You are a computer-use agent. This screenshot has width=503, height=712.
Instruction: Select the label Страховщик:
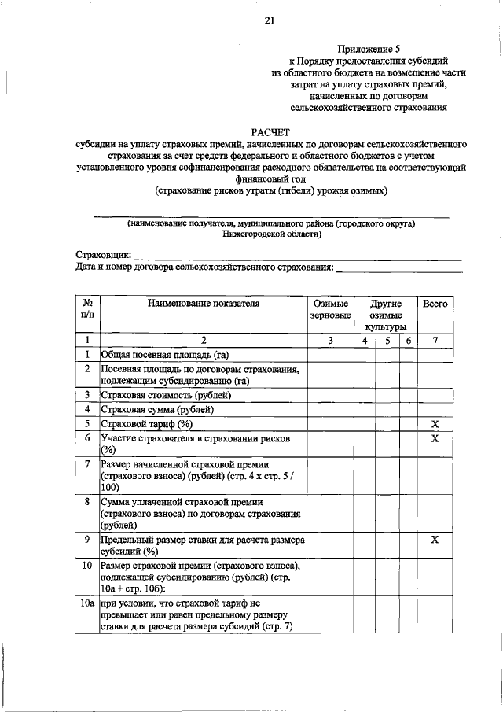104,256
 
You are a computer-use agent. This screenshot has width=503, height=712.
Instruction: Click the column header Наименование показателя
202,303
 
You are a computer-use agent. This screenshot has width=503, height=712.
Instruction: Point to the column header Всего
436,303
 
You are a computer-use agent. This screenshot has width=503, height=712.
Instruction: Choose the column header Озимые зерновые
331,309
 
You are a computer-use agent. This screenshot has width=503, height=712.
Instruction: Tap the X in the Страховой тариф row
436,425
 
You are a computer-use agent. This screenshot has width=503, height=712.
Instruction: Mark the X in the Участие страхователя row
436,439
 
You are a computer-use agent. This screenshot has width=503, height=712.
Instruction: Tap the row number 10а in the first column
86,602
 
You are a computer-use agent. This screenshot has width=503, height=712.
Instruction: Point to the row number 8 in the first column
86,500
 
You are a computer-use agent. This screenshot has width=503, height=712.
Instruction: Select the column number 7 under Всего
436,340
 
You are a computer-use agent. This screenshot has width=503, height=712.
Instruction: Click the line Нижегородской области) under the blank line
271,234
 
